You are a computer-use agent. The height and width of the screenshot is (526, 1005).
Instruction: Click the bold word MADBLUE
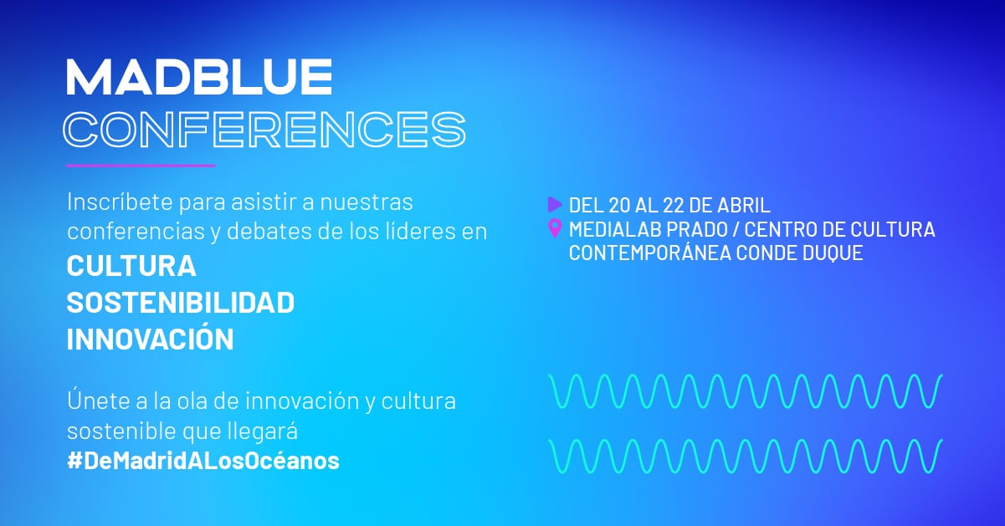pos(199,77)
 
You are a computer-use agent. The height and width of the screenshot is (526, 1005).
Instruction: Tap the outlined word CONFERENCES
pos(264,130)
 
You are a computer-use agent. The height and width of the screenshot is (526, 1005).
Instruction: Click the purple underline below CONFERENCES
pos(141,166)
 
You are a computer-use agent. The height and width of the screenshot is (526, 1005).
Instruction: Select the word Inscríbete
pos(120,202)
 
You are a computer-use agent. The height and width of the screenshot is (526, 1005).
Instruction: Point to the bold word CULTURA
pos(131,266)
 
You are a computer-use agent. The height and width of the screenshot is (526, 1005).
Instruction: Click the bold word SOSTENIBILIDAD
pos(181,303)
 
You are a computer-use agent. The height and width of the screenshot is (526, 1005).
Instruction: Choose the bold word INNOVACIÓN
pos(151,339)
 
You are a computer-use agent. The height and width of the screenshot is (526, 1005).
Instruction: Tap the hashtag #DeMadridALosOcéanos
pos(203,461)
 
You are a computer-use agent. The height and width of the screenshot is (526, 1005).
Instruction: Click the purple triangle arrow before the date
pos(555,204)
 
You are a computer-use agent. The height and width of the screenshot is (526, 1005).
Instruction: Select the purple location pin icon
pos(555,228)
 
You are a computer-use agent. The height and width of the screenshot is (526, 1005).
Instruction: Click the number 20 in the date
pos(619,206)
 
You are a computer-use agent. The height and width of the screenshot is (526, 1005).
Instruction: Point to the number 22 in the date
pos(673,206)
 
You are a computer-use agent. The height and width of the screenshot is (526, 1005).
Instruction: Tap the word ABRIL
pos(744,206)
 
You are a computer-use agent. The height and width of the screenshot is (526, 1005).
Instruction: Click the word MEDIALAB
pos(615,230)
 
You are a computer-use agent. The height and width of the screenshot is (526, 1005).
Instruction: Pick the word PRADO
pos(697,230)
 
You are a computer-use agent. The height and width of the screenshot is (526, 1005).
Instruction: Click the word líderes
pos(421,231)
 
